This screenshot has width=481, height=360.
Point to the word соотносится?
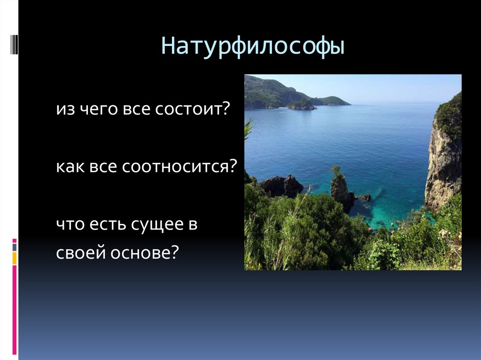coord(179,168)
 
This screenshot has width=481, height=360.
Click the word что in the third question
coord(70,225)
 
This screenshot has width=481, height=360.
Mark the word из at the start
coord(64,110)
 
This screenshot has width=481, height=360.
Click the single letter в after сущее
coord(193,225)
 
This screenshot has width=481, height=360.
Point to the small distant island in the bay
coord(302,105)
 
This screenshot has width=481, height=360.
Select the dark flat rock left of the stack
coord(282,186)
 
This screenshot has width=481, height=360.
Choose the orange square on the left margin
coord(15,258)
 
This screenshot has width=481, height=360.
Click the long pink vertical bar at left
coord(15,310)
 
